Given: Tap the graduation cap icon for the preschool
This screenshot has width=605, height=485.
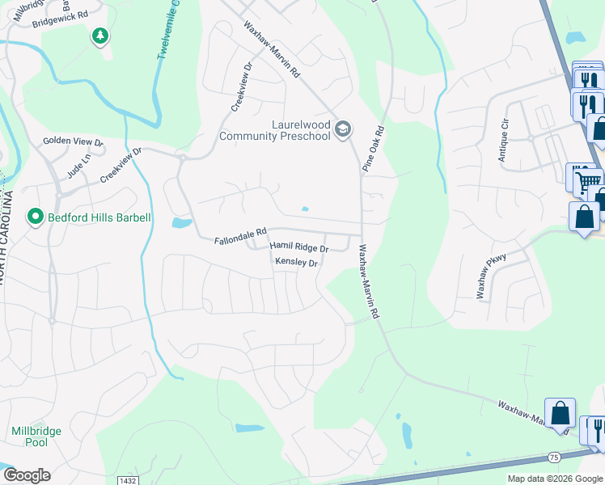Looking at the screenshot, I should coord(343,129).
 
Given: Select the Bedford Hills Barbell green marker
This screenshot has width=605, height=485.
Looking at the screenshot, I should coord(35,217).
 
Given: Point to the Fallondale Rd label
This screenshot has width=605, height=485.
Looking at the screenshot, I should coord(240,240).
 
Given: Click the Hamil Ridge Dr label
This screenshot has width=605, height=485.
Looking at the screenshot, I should coord(299,247).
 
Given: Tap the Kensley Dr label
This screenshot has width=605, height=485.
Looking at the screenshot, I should coord(298,262).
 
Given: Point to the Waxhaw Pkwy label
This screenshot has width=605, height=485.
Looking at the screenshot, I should coord(490,279).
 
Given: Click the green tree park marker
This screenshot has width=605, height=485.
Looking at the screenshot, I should coord(100,36).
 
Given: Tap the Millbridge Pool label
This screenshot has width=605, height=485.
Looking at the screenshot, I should coord(36,436).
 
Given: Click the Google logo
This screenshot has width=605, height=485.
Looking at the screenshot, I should coord(27,475).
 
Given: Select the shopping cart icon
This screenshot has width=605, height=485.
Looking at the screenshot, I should coord(589,179).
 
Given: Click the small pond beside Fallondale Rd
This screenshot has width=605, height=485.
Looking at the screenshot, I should coord(182,222).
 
